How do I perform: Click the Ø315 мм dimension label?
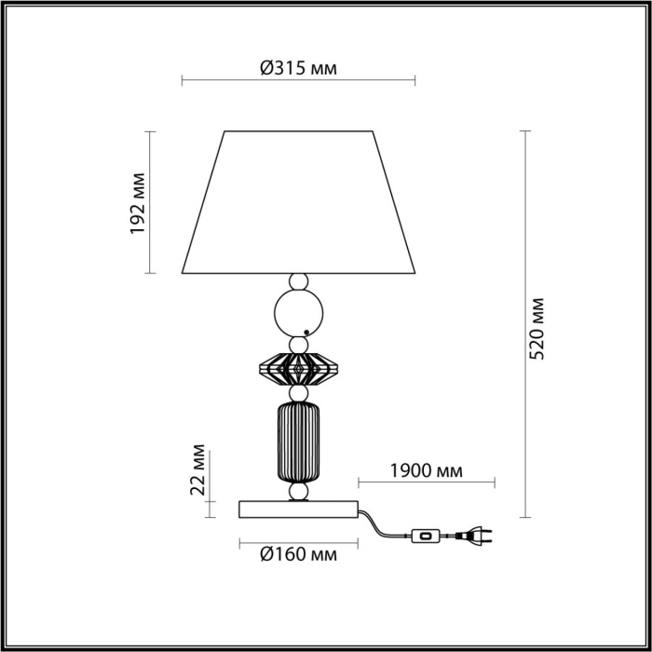tap(298, 68)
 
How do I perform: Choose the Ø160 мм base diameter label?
tap(298, 555)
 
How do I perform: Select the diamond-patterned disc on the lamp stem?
tap(298, 370)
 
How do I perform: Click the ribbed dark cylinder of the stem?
tap(298, 441)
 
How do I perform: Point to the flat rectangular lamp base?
tap(298, 509)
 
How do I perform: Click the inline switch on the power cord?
tap(427, 536)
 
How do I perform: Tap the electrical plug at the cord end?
tap(477, 536)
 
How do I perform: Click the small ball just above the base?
tap(298, 491)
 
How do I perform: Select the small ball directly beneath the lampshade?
tap(298, 280)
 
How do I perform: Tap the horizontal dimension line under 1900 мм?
tap(427, 483)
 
